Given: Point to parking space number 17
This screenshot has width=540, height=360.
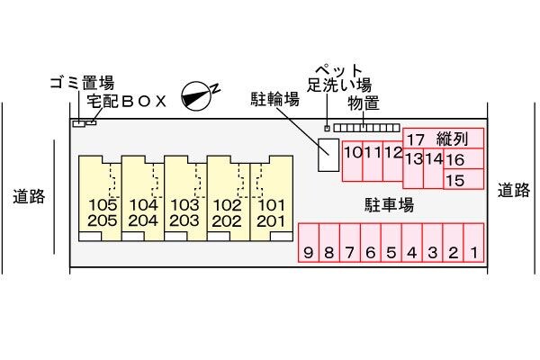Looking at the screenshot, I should point(415,139).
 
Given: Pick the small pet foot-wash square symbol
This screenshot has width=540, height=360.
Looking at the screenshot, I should point(326,128).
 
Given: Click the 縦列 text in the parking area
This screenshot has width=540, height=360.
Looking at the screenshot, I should point(452,139).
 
